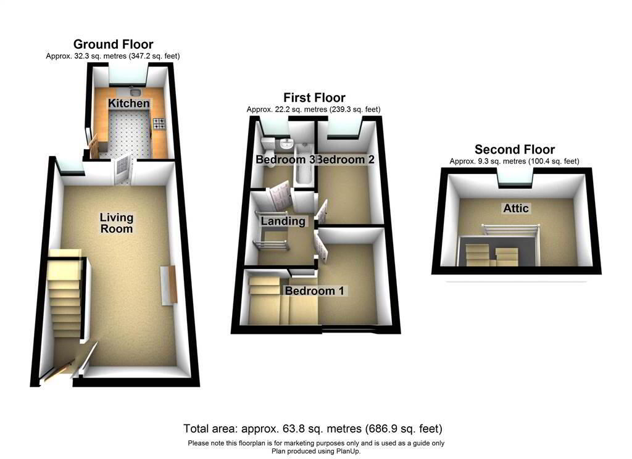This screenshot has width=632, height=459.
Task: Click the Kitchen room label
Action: coord(129,103)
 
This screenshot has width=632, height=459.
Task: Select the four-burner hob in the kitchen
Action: coord(159,123)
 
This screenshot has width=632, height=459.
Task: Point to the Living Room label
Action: coord(117,223)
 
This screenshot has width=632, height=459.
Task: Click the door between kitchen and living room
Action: coord(121,169)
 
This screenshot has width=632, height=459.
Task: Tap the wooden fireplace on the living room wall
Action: coord(168,284)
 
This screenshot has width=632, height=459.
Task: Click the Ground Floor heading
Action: coord(113,44)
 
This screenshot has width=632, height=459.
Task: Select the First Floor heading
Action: coord(314,97)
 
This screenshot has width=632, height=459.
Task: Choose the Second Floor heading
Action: coord(514,149)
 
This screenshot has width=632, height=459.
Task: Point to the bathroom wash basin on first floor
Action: coord(286,145)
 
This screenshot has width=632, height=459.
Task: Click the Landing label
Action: coord(283,221)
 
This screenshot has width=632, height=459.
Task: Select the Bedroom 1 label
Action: coord(315,290)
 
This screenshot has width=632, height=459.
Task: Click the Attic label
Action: coord(516,209)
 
